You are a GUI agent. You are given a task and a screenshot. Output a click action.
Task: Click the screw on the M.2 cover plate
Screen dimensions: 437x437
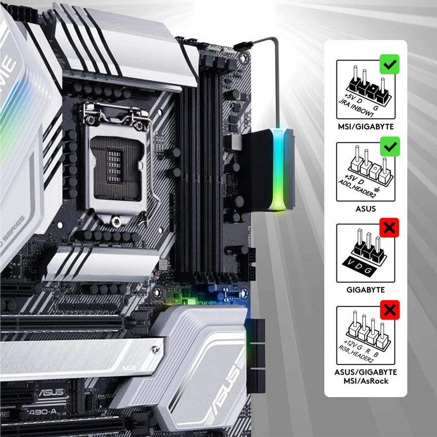pos(155,348)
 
